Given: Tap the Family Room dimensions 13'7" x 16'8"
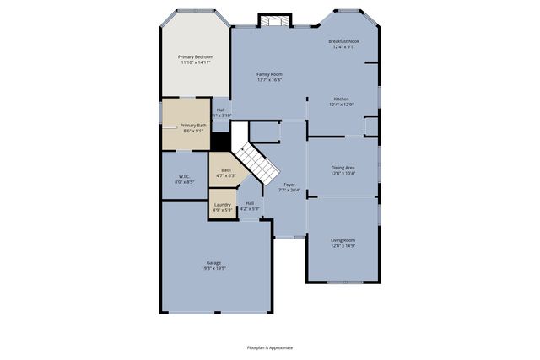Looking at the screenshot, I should (269, 80).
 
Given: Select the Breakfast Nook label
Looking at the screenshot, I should (343, 41).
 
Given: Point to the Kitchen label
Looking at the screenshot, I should (341, 99).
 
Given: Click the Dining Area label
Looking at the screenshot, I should (342, 167).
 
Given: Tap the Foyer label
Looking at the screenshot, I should (289, 184).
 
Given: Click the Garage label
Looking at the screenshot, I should (213, 262).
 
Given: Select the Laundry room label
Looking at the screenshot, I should (223, 204).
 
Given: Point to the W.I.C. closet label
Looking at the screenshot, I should (184, 176).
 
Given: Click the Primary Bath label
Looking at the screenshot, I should (193, 125).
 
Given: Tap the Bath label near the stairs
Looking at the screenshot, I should (225, 169).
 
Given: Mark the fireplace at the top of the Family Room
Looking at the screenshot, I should (273, 20).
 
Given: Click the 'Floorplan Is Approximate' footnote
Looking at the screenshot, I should (269, 347).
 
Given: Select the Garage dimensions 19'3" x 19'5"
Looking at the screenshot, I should (213, 268).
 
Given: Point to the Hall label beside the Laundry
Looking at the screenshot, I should (250, 203).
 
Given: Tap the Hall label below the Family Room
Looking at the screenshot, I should (220, 110).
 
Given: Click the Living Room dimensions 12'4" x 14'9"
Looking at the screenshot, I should (342, 245).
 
